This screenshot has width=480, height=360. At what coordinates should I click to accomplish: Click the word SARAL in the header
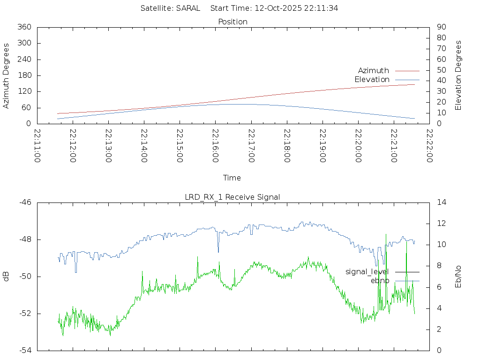188,8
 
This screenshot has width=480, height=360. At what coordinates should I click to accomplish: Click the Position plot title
232,22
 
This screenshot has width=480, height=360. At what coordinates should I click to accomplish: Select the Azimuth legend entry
374,70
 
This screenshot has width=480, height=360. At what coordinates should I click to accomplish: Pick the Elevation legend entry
372,79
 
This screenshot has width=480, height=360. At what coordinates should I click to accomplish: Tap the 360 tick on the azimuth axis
24,27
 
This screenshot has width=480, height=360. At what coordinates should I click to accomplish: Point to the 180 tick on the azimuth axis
24,75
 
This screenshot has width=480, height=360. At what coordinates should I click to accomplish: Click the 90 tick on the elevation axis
441,27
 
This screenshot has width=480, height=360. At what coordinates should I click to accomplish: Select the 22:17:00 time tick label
251,146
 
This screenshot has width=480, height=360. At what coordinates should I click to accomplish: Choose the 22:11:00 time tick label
37,146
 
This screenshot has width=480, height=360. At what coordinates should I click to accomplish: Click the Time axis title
232,178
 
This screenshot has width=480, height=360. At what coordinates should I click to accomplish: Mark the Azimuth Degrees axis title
7,75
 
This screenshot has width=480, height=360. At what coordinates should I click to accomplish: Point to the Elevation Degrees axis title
458,75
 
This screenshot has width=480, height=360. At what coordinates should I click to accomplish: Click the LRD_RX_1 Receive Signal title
232,197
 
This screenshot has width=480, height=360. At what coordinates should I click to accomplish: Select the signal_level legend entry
367,271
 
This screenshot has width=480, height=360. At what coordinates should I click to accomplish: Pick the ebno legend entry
380,280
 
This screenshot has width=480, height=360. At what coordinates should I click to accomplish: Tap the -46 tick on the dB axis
25,202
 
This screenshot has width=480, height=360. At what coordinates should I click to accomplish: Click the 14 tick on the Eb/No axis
441,202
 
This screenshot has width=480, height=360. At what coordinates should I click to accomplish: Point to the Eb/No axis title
458,276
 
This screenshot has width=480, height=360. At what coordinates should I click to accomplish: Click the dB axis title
7,276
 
